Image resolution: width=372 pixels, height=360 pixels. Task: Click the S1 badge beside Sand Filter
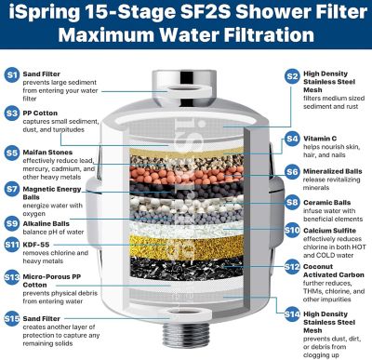[12, 73]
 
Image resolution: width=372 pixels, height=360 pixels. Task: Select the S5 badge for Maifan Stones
[12, 152]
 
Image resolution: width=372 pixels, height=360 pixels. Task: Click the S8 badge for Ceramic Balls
[291, 201]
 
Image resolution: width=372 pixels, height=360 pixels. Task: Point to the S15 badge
[12, 319]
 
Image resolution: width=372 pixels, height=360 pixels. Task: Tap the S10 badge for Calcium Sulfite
[291, 230]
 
